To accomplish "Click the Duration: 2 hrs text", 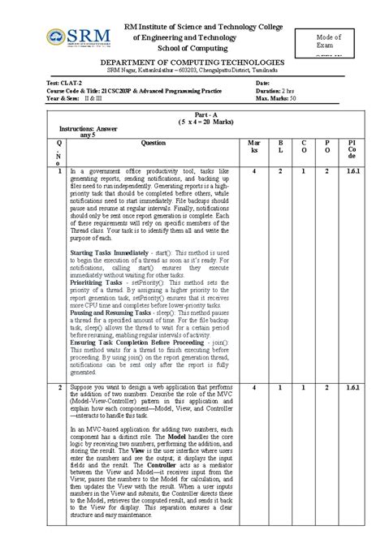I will pos(285,92).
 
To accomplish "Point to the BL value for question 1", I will pos(280,173).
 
